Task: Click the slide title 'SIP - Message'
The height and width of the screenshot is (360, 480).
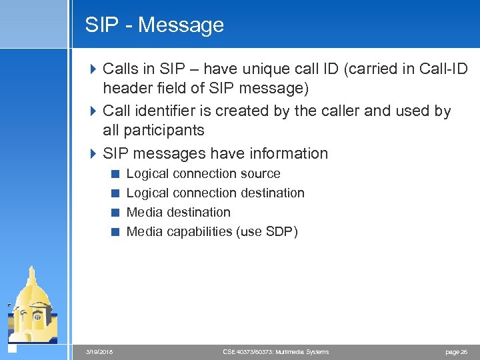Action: click(x=154, y=25)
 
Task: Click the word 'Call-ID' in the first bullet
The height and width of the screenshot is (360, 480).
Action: click(x=444, y=69)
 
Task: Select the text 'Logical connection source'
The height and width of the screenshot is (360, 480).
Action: click(x=203, y=174)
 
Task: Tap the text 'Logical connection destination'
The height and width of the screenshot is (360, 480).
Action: click(x=215, y=193)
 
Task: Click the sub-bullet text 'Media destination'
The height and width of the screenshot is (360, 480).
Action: click(x=178, y=213)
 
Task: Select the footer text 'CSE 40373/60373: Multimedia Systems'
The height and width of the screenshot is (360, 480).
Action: click(x=275, y=352)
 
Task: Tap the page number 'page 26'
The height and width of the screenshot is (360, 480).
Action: click(x=455, y=352)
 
